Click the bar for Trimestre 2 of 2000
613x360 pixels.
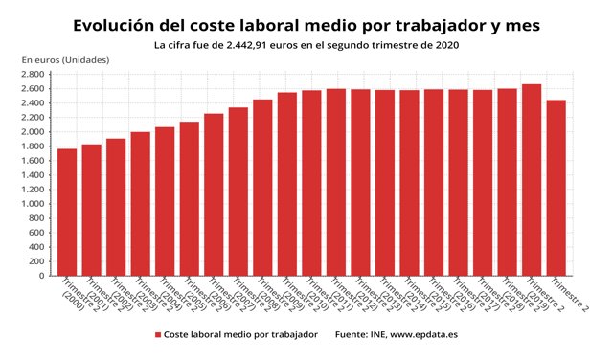(x=67, y=212)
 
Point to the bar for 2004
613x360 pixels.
(x=165, y=201)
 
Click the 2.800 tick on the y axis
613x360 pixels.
(x=33, y=74)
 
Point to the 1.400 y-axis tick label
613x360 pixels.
(x=33, y=174)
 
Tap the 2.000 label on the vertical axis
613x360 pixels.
(x=33, y=131)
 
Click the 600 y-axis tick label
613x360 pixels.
(x=36, y=233)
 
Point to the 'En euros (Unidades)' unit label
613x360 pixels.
(x=65, y=60)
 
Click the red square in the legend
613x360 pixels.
(x=157, y=335)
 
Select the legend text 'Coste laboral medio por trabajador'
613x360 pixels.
(x=238, y=335)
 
